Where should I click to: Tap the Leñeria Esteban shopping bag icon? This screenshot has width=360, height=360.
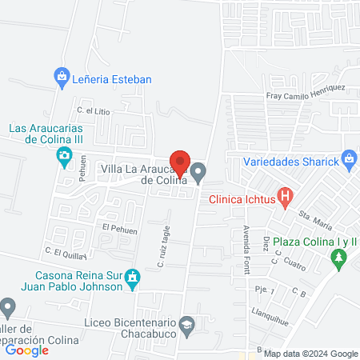pos(61,78)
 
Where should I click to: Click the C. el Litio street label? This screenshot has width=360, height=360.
pos(93,111)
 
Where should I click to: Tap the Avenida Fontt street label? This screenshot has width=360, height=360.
pos(246,247)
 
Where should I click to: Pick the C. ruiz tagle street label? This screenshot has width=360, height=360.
pos(165,246)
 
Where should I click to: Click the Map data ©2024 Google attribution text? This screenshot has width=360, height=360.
pos(311,354)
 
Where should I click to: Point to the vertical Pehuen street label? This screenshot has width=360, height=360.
pos(82,174)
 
